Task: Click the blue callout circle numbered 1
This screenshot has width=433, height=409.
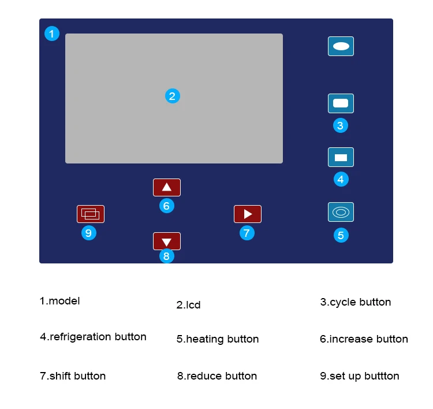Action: [x=52, y=34]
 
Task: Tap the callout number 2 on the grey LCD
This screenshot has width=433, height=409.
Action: [x=173, y=96]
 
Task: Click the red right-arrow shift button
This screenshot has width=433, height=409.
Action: [x=248, y=214]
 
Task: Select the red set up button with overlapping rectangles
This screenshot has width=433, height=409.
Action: [x=91, y=214]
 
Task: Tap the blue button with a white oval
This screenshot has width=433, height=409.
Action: [x=341, y=46]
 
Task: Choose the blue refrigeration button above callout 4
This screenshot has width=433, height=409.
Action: [x=341, y=157]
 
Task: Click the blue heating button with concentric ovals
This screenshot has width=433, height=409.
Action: [x=341, y=212]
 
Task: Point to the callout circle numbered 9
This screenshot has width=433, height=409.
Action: [x=88, y=233]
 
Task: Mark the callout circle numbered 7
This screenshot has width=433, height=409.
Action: [x=247, y=233]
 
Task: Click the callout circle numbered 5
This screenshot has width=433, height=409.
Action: [x=341, y=235]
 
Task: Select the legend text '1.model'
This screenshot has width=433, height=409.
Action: [x=59, y=301]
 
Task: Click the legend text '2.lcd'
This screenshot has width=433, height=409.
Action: [x=189, y=305]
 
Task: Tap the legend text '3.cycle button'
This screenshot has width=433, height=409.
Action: [x=356, y=302]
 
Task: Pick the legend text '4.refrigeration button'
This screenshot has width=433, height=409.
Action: [x=93, y=337]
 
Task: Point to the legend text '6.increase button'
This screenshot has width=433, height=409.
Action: [x=364, y=339]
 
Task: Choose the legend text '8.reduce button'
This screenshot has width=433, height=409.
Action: [x=217, y=376]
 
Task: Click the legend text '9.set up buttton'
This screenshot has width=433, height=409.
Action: [x=360, y=376]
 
